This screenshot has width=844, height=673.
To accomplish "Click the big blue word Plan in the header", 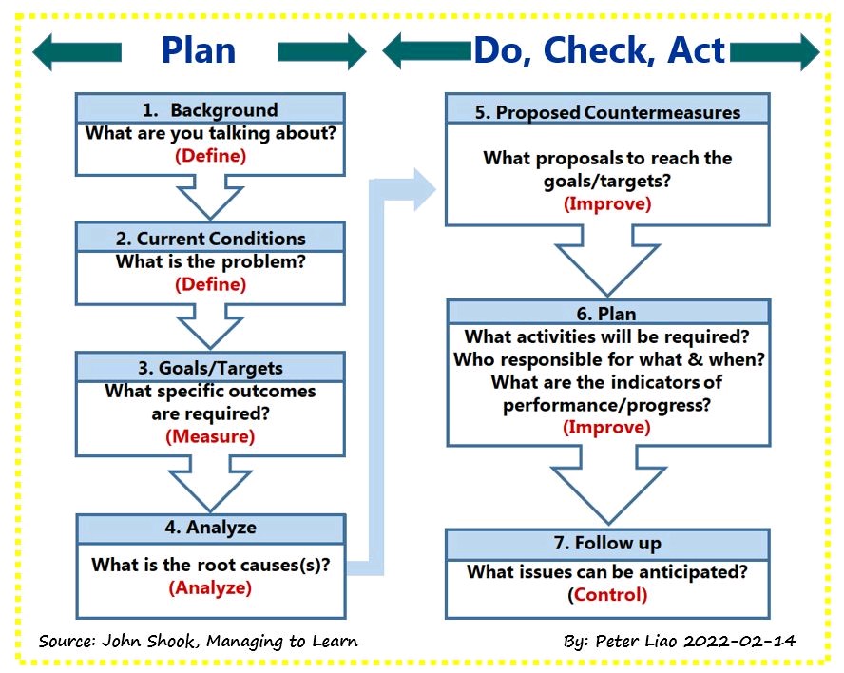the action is [199, 50].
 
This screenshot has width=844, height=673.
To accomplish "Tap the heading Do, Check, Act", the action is [600, 50].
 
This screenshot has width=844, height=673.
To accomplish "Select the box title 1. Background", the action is [210, 110].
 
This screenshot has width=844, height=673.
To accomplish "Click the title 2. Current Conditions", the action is [210, 239].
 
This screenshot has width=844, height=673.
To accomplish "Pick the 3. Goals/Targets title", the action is [210, 368].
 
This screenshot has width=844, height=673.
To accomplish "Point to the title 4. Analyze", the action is [210, 528].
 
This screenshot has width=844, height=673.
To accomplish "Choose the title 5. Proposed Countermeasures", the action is [607, 112].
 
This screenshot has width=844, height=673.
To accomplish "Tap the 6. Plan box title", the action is [606, 314].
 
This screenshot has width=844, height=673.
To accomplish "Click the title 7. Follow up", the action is [607, 543].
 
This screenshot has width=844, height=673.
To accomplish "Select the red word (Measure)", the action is [210, 436].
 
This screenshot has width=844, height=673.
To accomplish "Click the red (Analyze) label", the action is [210, 587].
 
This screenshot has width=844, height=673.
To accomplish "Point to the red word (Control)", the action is [607, 594].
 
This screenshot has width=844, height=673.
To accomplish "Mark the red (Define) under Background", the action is [210, 156].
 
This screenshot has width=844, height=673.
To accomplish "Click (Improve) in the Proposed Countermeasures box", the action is [607, 204].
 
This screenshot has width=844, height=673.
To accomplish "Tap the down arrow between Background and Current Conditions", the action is [210, 198].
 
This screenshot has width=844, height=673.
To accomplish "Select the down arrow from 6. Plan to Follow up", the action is [609, 485].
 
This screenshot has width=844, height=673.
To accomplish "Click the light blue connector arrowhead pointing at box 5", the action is [424, 189].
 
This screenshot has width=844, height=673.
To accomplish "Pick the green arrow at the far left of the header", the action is [77, 51].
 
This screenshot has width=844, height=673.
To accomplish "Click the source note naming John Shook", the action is [198, 642].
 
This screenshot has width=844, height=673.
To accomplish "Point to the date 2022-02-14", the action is [739, 642].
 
